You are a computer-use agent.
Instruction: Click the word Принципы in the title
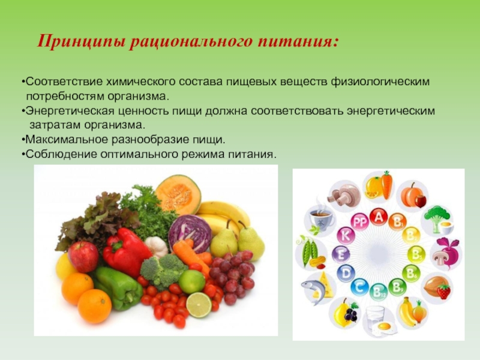(x=82, y=41)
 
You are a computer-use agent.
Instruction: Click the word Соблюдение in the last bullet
(x=62, y=154)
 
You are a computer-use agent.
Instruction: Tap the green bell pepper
(x=117, y=288)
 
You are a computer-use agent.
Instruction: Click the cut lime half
(x=199, y=305)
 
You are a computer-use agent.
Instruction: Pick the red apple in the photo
(x=83, y=257)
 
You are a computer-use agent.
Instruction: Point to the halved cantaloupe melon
(x=178, y=194)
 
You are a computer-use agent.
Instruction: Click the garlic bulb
(x=156, y=246)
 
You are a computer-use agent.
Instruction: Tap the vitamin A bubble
(x=379, y=217)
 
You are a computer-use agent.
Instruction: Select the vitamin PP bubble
(x=359, y=222)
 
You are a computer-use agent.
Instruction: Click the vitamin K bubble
(x=346, y=236)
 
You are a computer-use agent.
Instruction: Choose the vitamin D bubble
(x=346, y=273)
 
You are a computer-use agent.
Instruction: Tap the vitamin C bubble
(x=359, y=287)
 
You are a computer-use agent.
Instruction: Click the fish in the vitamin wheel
(x=313, y=289)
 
